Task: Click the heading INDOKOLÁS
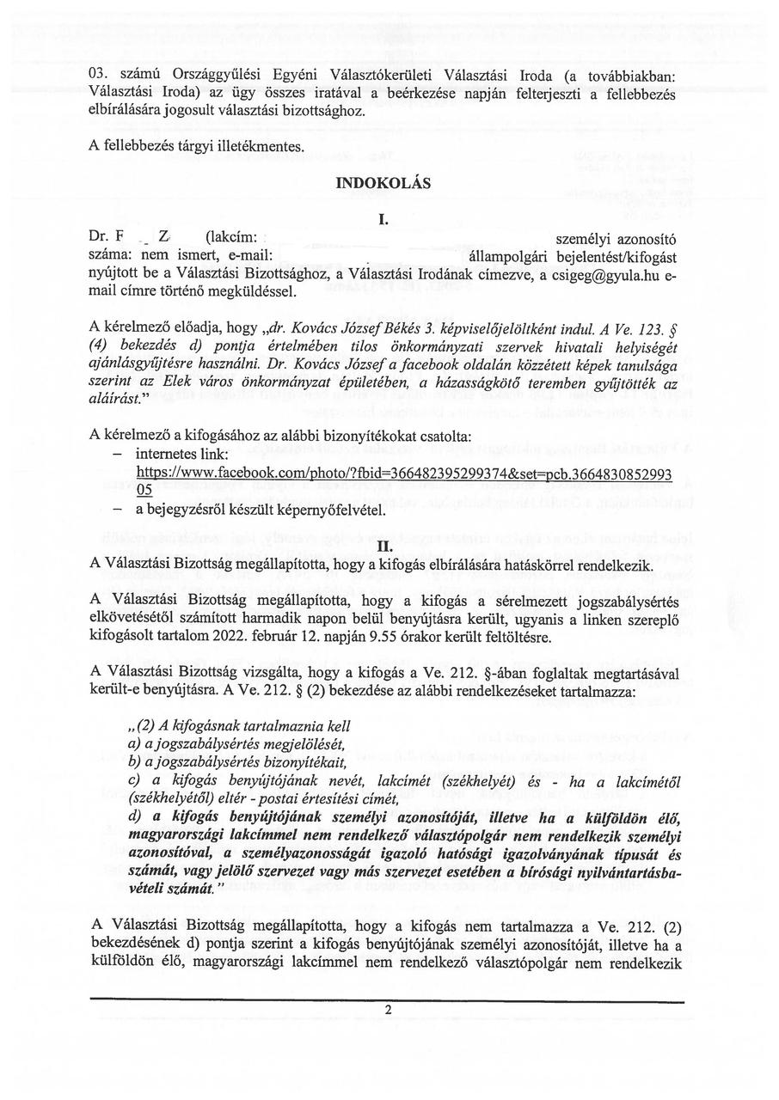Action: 383,183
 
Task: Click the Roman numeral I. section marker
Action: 383,220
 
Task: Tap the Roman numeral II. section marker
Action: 384,545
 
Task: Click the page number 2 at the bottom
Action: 389,1010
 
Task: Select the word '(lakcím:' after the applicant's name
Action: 231,237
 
